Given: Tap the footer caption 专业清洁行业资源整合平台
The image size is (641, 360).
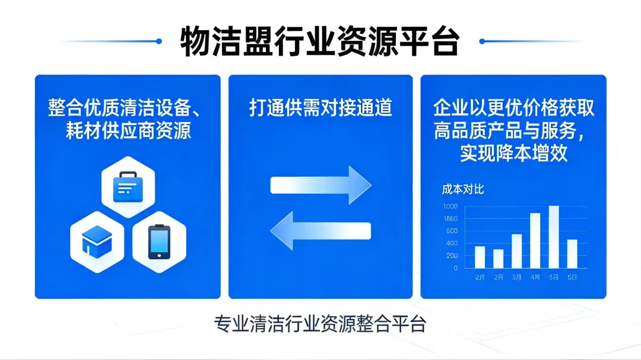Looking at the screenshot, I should click(x=320, y=324).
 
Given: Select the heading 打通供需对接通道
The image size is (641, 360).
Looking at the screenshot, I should click(x=320, y=108).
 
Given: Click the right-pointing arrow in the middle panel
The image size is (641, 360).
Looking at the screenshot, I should click(x=320, y=185).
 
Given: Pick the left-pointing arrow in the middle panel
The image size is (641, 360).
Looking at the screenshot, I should click(x=320, y=231).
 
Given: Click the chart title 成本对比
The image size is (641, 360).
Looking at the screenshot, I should click(x=463, y=189).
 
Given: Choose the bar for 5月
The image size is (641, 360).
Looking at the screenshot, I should click(x=554, y=237).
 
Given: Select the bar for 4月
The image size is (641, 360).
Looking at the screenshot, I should click(x=535, y=240).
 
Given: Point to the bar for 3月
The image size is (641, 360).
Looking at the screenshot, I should click(x=516, y=251).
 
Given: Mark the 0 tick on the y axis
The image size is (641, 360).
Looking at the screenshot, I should click(x=455, y=268).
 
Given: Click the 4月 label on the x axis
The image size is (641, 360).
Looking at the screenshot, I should click(x=535, y=277).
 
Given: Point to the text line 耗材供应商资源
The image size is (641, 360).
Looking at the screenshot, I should click(x=128, y=130).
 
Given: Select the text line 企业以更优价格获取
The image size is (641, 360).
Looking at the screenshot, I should click(x=513, y=108).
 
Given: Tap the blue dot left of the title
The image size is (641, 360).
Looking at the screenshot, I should click(x=158, y=41).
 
